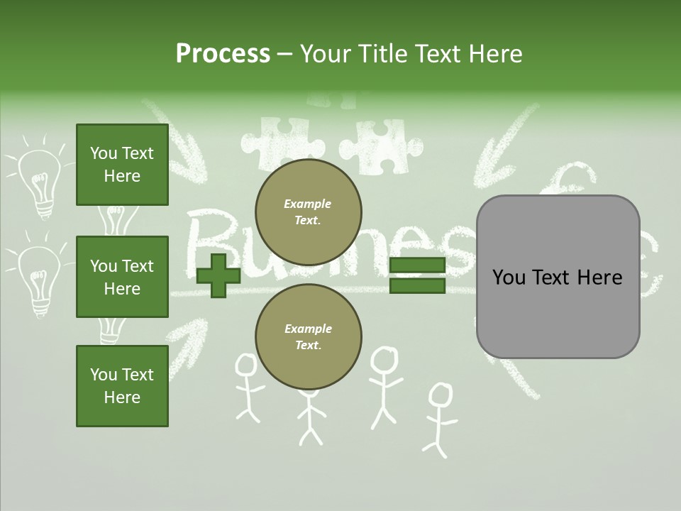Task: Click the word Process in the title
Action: (x=223, y=54)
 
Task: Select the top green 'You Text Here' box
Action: (x=122, y=165)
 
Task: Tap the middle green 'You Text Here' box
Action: (x=122, y=277)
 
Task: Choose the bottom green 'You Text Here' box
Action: (x=122, y=386)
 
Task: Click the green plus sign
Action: (x=218, y=275)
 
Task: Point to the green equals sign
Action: (x=417, y=275)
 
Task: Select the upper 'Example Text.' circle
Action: (x=309, y=212)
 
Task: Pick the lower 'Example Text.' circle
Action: (x=309, y=337)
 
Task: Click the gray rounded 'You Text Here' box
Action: (x=558, y=277)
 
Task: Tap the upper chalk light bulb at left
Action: (x=39, y=180)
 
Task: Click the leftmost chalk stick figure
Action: (x=248, y=388)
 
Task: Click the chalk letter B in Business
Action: (x=213, y=238)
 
